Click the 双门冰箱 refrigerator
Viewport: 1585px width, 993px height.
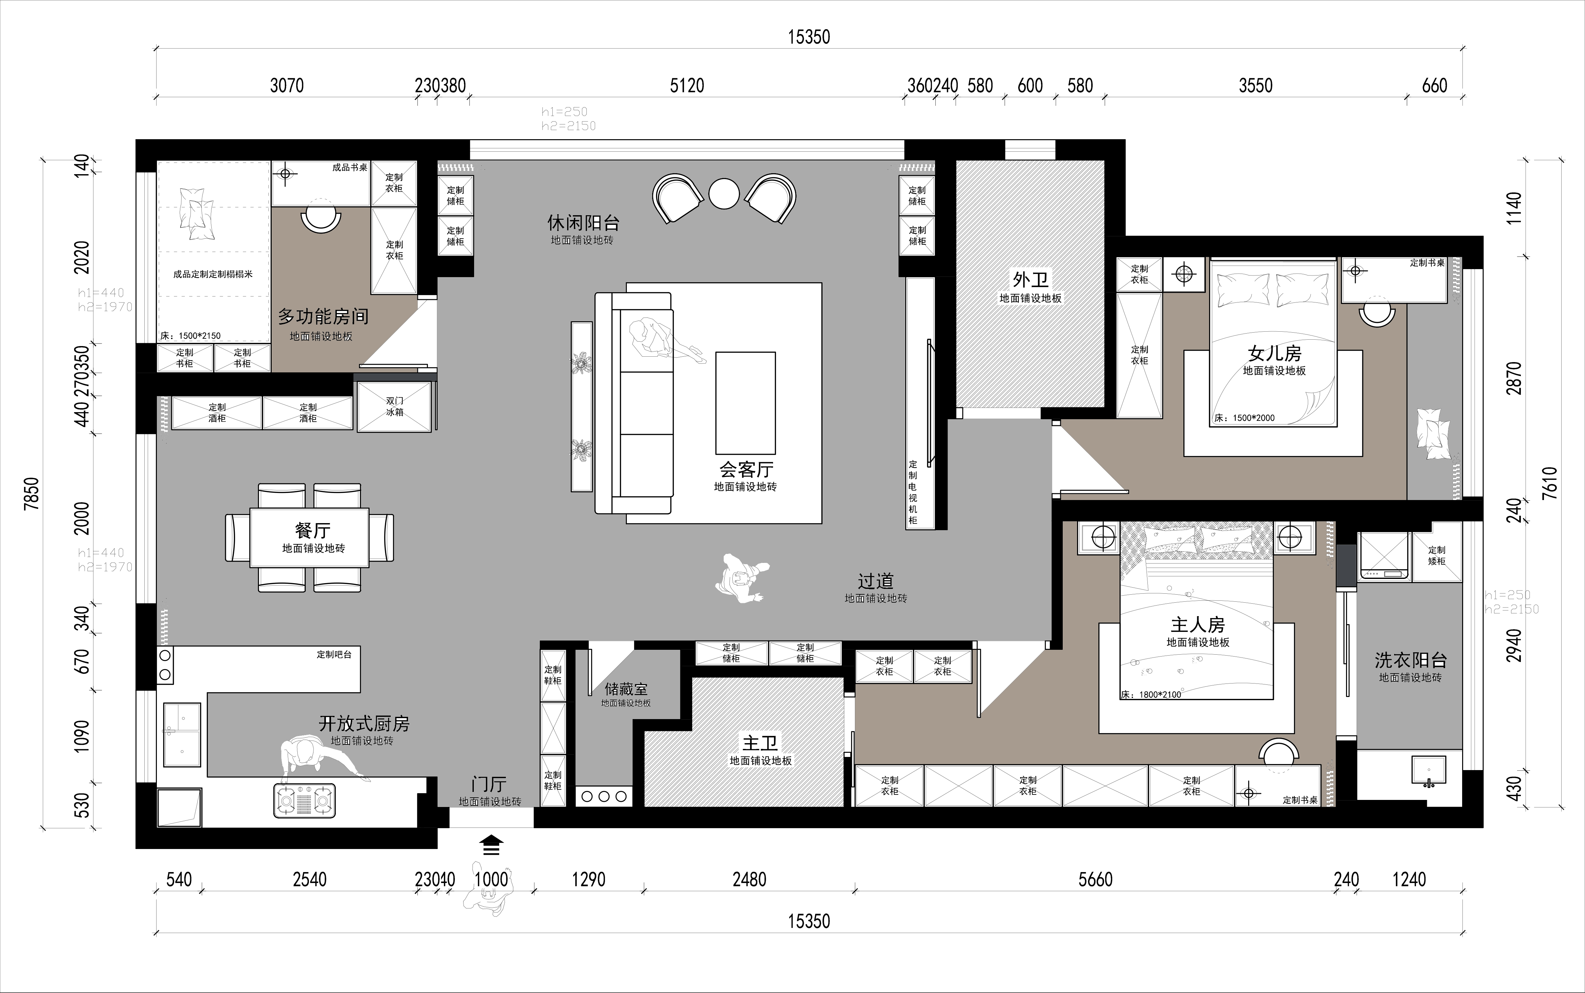(394, 406)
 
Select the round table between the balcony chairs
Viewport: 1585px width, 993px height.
(725, 194)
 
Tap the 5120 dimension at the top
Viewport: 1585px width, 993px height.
(687, 85)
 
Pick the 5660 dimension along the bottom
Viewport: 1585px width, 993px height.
(1095, 879)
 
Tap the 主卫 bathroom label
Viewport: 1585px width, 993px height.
(760, 743)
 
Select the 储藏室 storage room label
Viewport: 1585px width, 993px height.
(626, 689)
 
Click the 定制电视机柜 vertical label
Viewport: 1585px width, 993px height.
(913, 493)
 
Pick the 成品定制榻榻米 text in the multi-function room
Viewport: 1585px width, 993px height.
(213, 274)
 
